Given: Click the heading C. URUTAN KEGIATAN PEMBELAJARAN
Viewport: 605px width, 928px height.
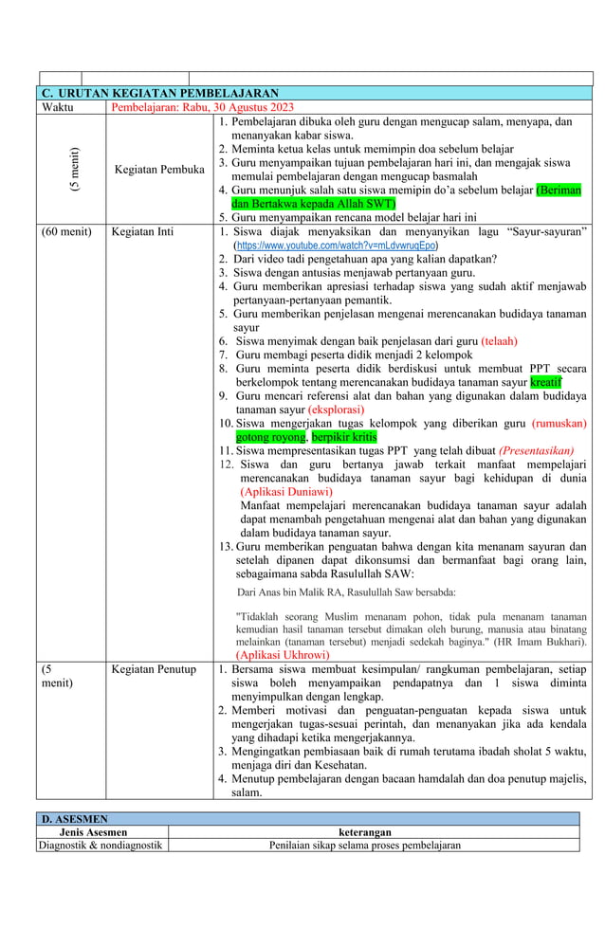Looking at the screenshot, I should [x=161, y=93].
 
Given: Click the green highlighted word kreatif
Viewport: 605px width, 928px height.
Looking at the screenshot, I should [x=545, y=382].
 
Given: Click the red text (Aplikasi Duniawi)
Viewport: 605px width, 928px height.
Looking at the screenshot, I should [x=285, y=492].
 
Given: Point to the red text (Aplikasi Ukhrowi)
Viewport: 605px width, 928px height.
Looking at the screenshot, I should [x=283, y=654].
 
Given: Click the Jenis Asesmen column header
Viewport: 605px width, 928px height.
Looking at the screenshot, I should [x=102, y=831].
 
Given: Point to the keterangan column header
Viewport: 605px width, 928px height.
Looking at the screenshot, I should [x=365, y=831].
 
